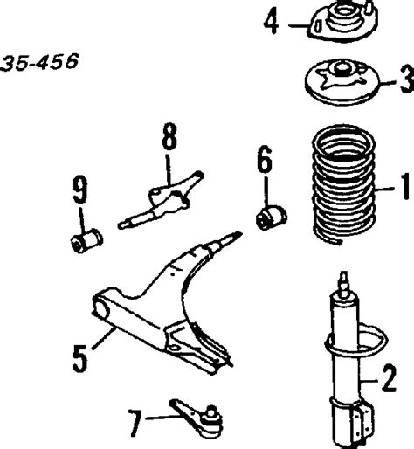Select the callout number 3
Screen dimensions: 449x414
pos(404,84)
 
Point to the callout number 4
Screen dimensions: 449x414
pos(273,21)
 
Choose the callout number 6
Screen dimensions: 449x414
pos(265,162)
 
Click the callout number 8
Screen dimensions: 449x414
pos(168,138)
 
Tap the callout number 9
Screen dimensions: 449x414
pos(80,188)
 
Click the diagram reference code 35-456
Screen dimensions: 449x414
pos(40,62)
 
